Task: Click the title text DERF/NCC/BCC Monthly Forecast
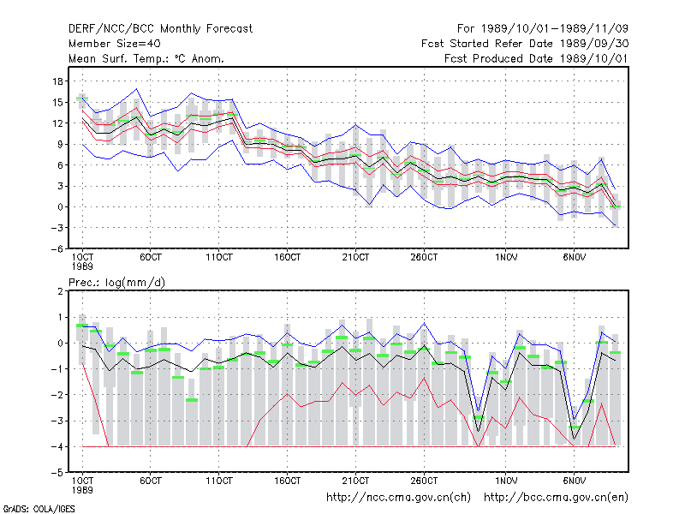point(160,29)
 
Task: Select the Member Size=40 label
point(115,44)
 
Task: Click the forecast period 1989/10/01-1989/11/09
point(554,29)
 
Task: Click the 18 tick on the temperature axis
point(57,81)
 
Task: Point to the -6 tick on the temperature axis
point(57,248)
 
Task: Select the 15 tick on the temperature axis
point(57,102)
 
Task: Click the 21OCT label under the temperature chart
point(355,257)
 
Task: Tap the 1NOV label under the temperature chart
point(506,257)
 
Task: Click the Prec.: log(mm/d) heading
point(117,283)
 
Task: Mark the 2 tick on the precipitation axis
point(60,291)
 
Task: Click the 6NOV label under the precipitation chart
point(575,481)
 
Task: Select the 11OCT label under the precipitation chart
point(219,481)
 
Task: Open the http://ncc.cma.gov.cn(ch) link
point(398,498)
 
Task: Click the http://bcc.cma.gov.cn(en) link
point(556,498)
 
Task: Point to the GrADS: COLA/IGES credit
point(39,509)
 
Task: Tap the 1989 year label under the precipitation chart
point(82,490)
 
